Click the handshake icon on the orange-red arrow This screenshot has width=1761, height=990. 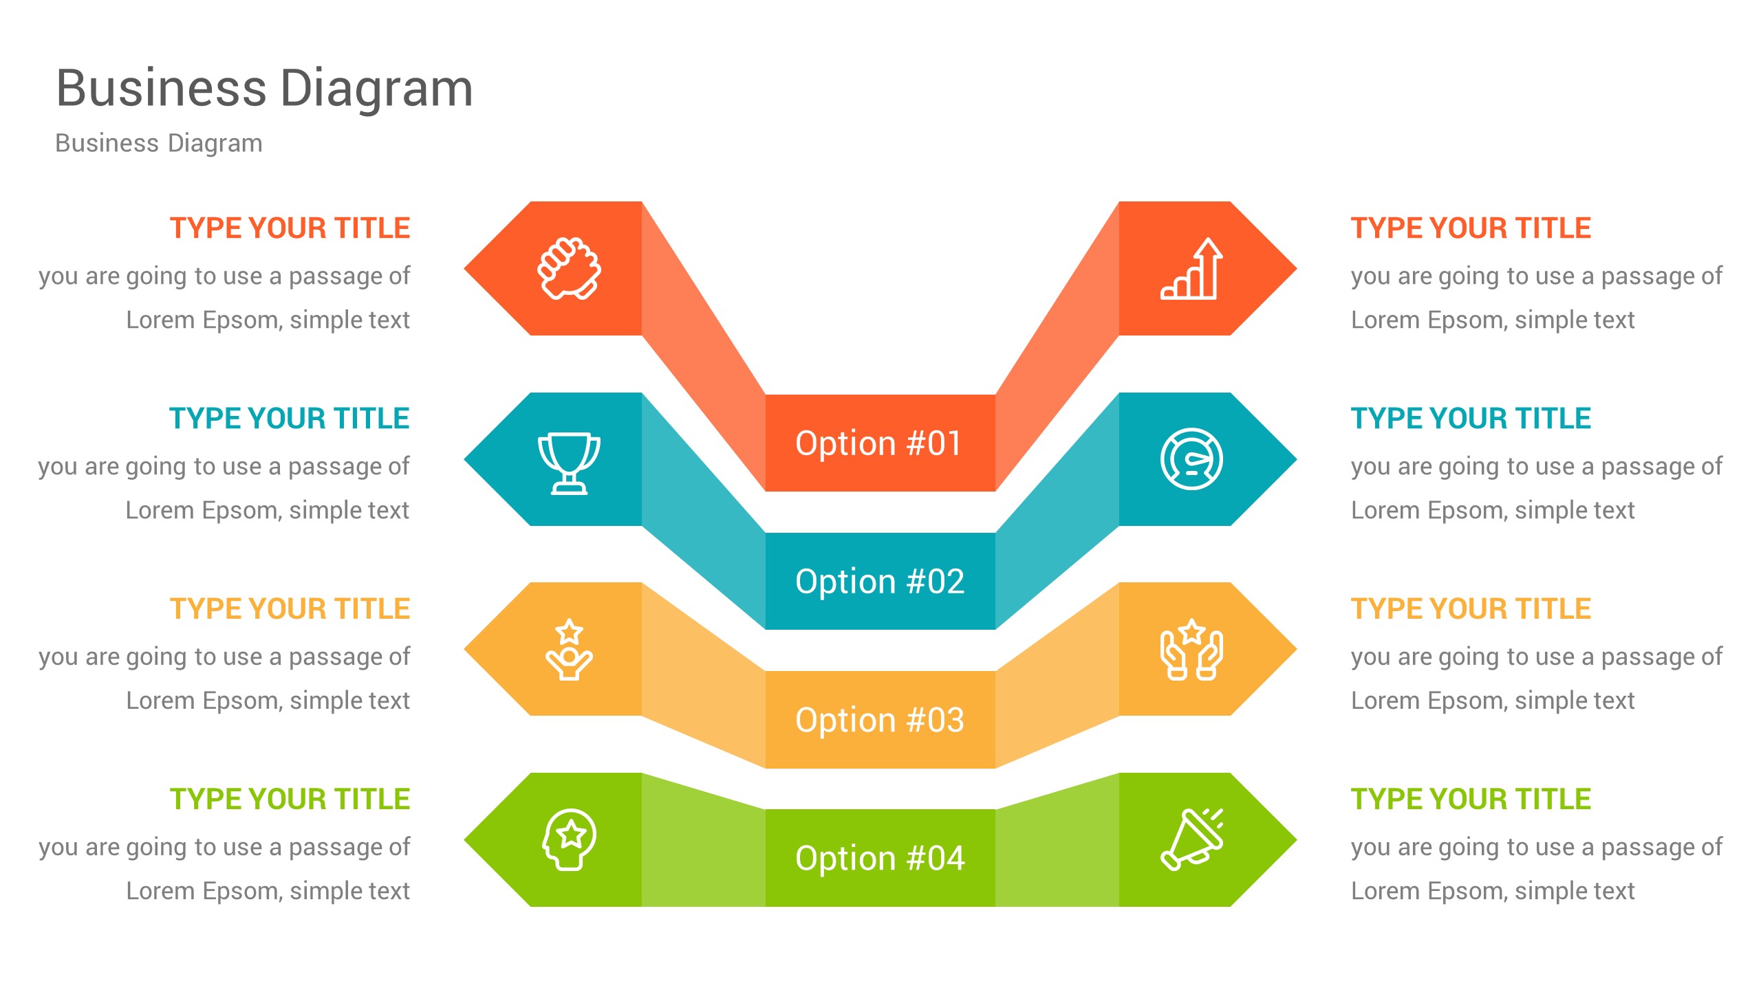coord(569,268)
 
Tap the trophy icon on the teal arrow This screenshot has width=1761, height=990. coord(569,463)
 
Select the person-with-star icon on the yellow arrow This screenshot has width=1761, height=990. coord(569,650)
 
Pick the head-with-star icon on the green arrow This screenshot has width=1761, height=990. coord(569,839)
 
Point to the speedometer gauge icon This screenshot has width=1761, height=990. coord(1192,459)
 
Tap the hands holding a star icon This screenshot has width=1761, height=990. coord(1192,650)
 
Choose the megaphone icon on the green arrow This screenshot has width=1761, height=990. coord(1192,839)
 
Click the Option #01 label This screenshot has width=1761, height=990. coord(879,443)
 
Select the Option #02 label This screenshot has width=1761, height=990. coord(880,582)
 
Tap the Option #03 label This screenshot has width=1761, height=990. coord(880,720)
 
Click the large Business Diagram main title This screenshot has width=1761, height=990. coord(265,89)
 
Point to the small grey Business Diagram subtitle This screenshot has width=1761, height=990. coord(159,143)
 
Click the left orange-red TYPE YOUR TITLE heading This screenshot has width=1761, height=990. coord(290,228)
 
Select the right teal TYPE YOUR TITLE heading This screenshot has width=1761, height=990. coord(1471,419)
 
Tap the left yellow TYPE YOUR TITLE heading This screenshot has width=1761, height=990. coord(290,609)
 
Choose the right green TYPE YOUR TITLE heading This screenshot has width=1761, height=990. coord(1471,800)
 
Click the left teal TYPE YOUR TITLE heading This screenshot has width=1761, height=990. coord(290,419)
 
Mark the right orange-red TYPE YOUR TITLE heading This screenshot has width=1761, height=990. coord(1471,228)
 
